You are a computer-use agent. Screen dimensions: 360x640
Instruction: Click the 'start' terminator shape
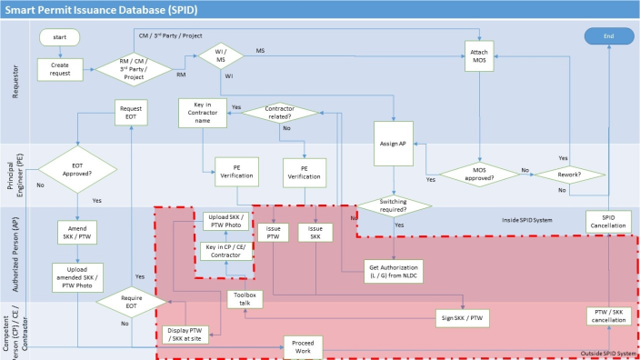pyautogui.click(x=59, y=37)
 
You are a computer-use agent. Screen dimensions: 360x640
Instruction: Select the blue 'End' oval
pyautogui.click(x=608, y=35)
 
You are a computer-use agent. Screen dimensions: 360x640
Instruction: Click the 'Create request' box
pyautogui.click(x=59, y=69)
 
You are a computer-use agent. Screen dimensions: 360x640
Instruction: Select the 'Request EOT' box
pyautogui.click(x=133, y=113)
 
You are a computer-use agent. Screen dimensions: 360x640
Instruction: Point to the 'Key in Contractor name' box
pyautogui.click(x=202, y=113)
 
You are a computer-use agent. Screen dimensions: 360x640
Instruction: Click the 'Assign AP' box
pyautogui.click(x=395, y=143)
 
